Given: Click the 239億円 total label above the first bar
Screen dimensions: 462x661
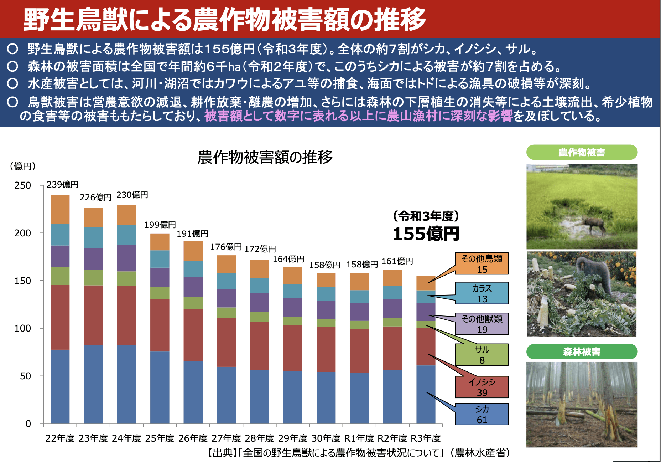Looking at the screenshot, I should (62, 184).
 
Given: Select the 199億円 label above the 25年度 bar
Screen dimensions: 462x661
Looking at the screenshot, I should (160, 225).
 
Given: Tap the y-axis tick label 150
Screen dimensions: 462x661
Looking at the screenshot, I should (22, 281).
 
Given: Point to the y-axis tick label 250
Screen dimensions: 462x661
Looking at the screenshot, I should (22, 185).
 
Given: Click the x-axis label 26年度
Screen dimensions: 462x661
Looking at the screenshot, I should (193, 438).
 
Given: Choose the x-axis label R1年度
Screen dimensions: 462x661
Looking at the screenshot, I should (359, 438).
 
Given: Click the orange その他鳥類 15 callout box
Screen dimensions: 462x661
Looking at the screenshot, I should (482, 264).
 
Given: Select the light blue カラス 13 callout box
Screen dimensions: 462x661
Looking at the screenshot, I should (482, 293).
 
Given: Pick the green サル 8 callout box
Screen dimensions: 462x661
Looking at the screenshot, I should (482, 355).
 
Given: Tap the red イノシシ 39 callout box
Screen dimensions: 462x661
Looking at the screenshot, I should (482, 387).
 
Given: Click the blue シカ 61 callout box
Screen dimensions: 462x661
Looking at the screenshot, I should (482, 414).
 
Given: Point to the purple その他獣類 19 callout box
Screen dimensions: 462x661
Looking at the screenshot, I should (482, 324).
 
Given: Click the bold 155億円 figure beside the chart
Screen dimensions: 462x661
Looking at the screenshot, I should (426, 234).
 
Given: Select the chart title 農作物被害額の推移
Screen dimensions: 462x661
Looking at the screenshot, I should (265, 157).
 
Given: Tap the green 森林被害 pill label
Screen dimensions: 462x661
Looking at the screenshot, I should (582, 352).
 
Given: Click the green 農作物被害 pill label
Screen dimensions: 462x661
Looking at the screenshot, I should (582, 153).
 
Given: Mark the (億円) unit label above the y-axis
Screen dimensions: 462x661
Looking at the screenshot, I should (22, 166).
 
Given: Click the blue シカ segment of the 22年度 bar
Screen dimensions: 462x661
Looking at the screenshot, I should (60, 387).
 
